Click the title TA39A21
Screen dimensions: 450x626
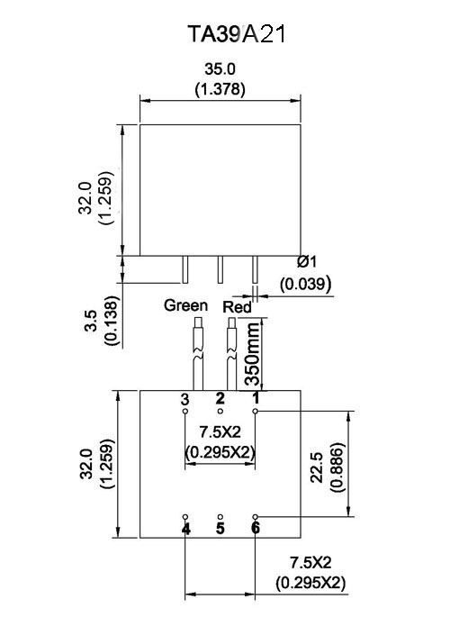237,34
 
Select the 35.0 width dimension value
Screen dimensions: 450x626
220,69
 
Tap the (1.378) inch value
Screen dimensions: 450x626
220,89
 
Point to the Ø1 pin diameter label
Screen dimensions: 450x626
307,262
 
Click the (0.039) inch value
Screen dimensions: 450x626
306,284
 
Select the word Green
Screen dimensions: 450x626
186,305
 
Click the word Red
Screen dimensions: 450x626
238,307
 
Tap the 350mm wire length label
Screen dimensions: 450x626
252,354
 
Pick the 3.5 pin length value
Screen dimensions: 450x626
91,321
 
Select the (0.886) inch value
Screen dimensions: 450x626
337,467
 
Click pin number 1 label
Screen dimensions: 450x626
256,398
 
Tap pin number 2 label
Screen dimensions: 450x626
220,398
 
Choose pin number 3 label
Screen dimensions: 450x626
184,399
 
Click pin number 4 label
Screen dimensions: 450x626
185,529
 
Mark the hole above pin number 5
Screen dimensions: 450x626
220,517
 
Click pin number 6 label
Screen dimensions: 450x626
256,528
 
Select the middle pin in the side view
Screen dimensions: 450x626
220,270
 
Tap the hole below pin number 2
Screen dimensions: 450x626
220,411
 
